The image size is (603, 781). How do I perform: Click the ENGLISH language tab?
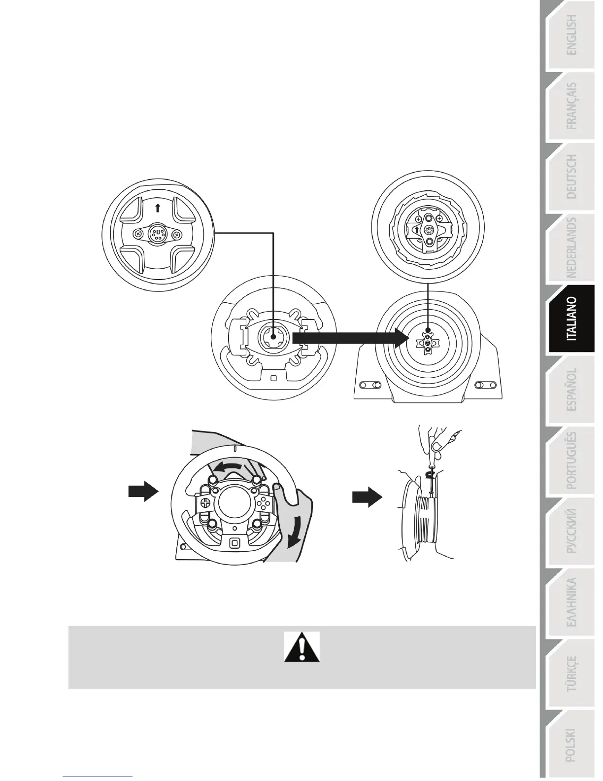[x=571, y=35]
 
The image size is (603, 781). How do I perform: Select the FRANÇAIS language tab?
[x=571, y=106]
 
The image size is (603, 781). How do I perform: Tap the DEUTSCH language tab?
[x=571, y=177]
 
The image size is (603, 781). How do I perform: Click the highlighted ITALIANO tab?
[x=571, y=319]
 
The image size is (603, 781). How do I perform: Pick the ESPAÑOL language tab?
[x=571, y=389]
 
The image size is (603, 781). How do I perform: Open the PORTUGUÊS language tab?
[x=571, y=461]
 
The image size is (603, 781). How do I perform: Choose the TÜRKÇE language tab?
[x=571, y=674]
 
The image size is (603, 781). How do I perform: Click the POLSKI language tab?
[x=571, y=745]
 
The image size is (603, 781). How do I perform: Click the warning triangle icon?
[x=302, y=647]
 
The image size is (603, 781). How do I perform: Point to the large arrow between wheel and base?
[x=350, y=338]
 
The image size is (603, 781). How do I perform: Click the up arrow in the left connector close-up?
[x=157, y=208]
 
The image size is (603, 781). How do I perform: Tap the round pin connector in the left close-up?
[x=157, y=233]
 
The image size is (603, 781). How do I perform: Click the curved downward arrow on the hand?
[x=297, y=535]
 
